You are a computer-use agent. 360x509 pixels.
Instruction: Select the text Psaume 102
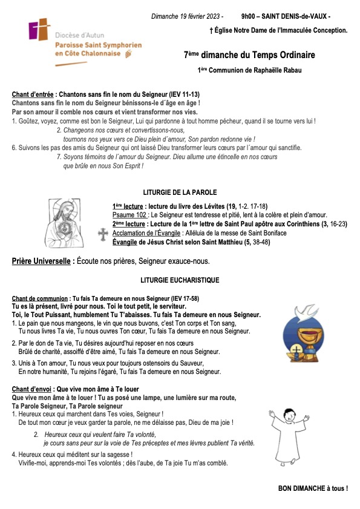tap(129, 215)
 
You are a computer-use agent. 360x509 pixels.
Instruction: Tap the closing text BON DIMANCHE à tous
tap(313, 488)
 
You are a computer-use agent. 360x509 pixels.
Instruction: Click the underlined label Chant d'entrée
tap(33, 95)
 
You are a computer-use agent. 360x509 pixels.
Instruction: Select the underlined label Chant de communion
tap(39, 298)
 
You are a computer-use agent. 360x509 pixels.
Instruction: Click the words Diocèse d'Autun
tap(77, 36)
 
